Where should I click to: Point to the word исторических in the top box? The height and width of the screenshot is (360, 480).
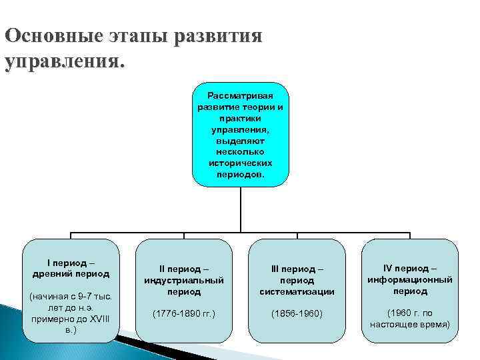tap(240, 163)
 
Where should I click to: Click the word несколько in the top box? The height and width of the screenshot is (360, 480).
tap(240, 151)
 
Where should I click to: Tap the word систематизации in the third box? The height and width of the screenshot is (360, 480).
tap(297, 291)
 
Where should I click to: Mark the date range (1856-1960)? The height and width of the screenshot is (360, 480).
tap(297, 313)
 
